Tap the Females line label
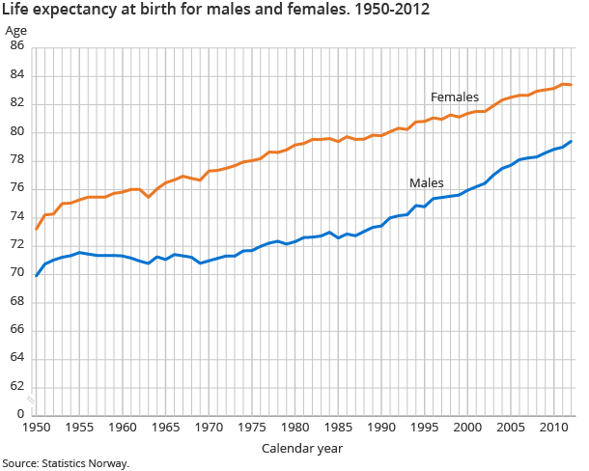(x=455, y=97)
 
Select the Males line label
(x=426, y=182)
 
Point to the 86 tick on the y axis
(x=17, y=46)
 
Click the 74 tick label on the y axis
(x=17, y=217)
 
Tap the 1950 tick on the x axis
(x=37, y=428)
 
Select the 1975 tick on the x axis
(x=252, y=428)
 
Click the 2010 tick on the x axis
(x=553, y=428)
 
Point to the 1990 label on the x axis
(x=381, y=428)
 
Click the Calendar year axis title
(x=301, y=449)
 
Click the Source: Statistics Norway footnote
(x=67, y=463)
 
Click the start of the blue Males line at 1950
(x=37, y=276)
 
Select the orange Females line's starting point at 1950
(x=37, y=229)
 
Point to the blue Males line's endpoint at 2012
(x=571, y=142)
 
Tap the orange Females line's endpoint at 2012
(x=571, y=85)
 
